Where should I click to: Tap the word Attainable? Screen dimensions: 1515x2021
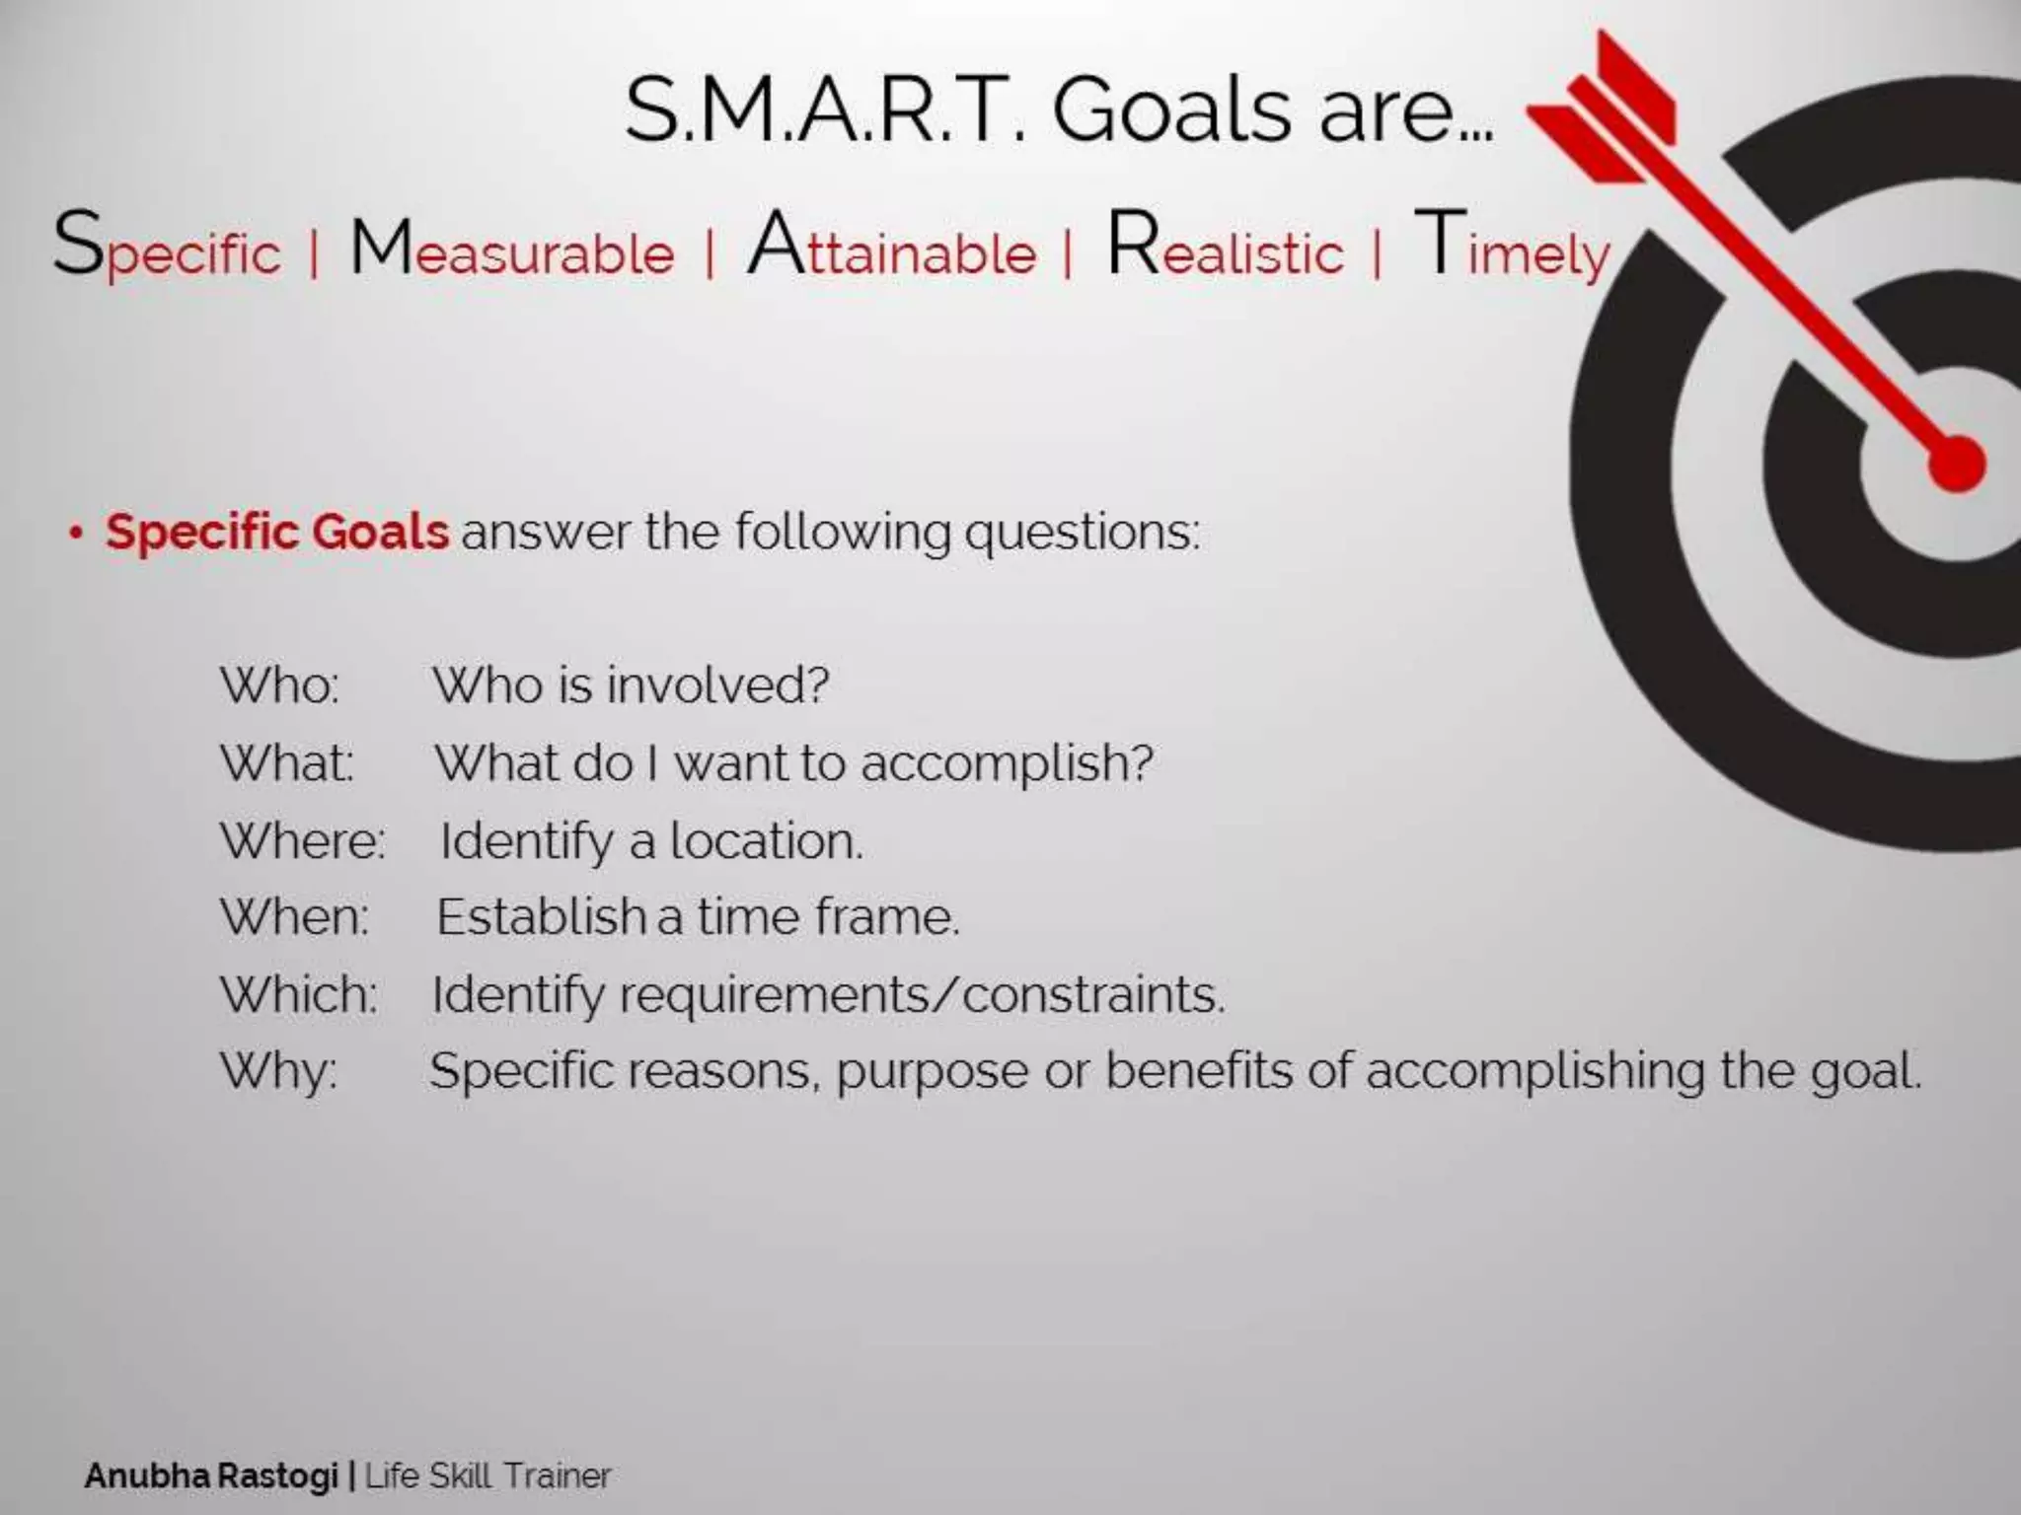coord(892,249)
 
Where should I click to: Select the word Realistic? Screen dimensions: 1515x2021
coord(1225,249)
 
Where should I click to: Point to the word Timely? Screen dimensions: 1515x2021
coord(1512,249)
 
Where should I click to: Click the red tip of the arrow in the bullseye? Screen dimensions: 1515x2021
coord(1956,464)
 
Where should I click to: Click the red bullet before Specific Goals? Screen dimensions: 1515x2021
coord(75,533)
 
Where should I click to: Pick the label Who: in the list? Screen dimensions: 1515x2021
coord(279,685)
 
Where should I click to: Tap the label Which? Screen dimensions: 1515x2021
coord(298,994)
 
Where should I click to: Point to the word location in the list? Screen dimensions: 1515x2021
coord(766,841)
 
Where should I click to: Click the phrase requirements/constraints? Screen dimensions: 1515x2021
coord(922,994)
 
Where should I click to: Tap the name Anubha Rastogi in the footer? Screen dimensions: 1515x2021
coord(211,1476)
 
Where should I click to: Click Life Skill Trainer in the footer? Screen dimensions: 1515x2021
coord(488,1476)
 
